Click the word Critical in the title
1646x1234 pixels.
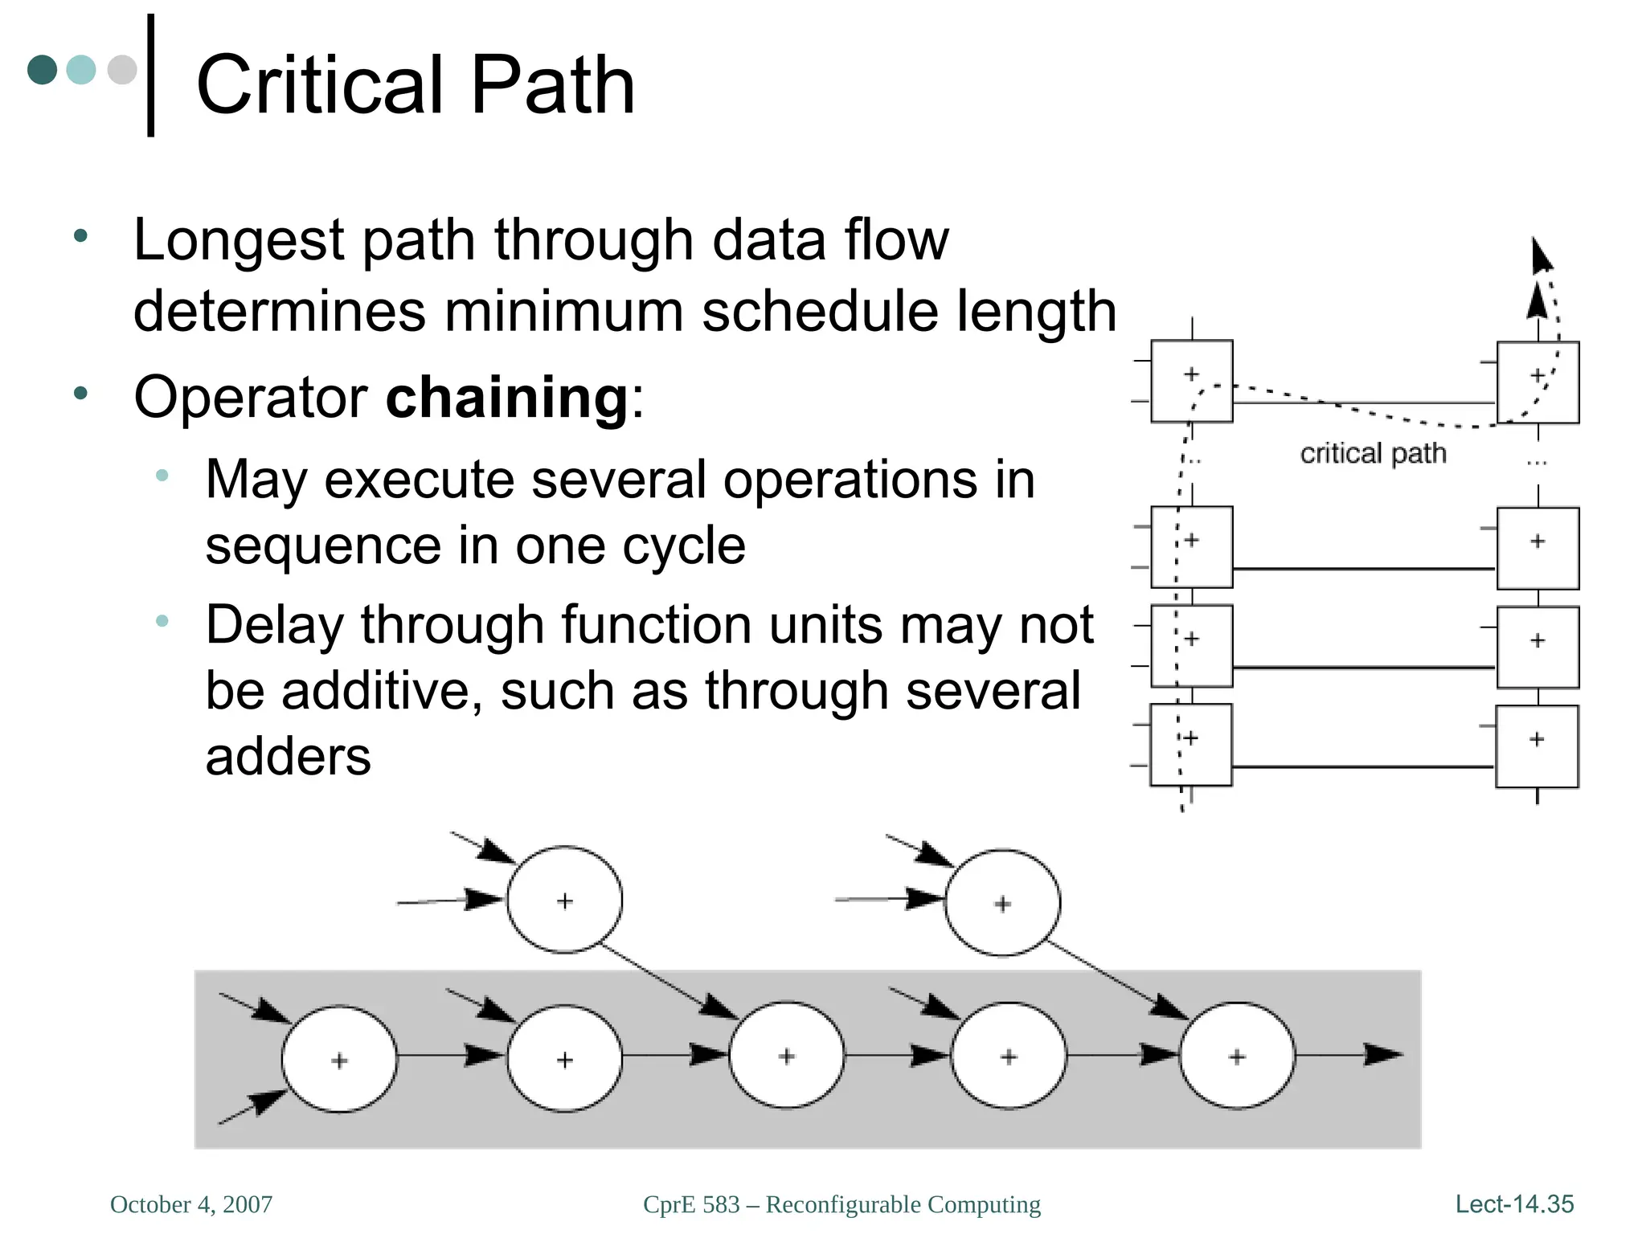[321, 85]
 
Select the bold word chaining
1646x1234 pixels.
[507, 397]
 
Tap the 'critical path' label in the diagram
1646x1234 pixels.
[1373, 454]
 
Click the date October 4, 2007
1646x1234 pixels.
[191, 1204]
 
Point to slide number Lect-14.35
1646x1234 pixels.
[1514, 1204]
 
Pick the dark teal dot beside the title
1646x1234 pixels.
[43, 70]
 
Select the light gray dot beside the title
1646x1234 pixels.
[122, 70]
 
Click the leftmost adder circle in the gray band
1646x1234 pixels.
[339, 1059]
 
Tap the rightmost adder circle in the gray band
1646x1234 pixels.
[1237, 1056]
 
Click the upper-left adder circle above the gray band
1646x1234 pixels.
[564, 900]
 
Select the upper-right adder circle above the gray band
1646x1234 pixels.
[1002, 903]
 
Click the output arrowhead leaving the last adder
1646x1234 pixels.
[1384, 1054]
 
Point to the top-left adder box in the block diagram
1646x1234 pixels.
[1191, 382]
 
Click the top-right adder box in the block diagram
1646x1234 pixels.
[1537, 382]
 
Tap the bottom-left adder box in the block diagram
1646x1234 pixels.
[1190, 745]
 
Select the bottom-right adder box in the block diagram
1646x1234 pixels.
[1537, 746]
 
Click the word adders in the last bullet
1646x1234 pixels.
[288, 757]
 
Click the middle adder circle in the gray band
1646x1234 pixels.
[786, 1056]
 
